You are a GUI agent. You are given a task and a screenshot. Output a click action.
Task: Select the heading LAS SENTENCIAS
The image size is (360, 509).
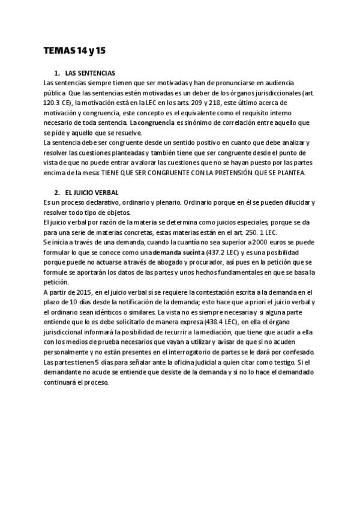tap(90, 73)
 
